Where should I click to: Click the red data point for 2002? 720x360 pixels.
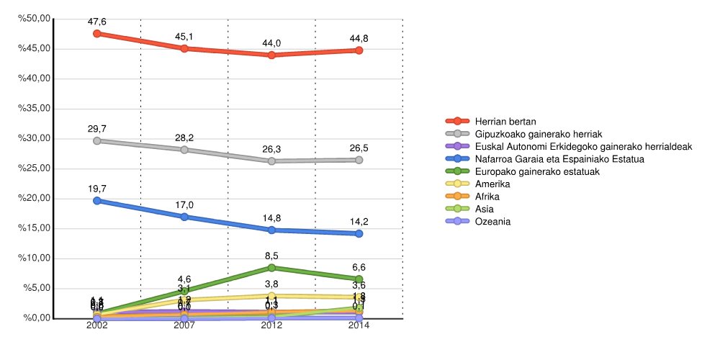(x=97, y=34)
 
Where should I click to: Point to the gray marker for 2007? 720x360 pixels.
(x=184, y=150)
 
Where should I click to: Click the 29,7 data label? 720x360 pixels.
(x=97, y=129)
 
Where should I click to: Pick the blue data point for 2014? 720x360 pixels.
(x=359, y=233)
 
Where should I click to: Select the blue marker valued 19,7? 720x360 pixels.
(x=97, y=201)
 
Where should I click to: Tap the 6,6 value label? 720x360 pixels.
(x=359, y=267)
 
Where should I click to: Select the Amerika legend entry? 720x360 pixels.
(x=492, y=184)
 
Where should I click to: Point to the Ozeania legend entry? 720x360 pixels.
(x=492, y=221)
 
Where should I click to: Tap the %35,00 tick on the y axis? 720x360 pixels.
(x=34, y=109)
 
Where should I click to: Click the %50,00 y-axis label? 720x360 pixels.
(x=34, y=19)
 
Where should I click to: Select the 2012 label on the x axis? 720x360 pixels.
(x=271, y=325)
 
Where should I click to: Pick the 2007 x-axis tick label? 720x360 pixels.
(x=184, y=325)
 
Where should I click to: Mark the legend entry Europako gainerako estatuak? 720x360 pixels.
(x=537, y=171)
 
